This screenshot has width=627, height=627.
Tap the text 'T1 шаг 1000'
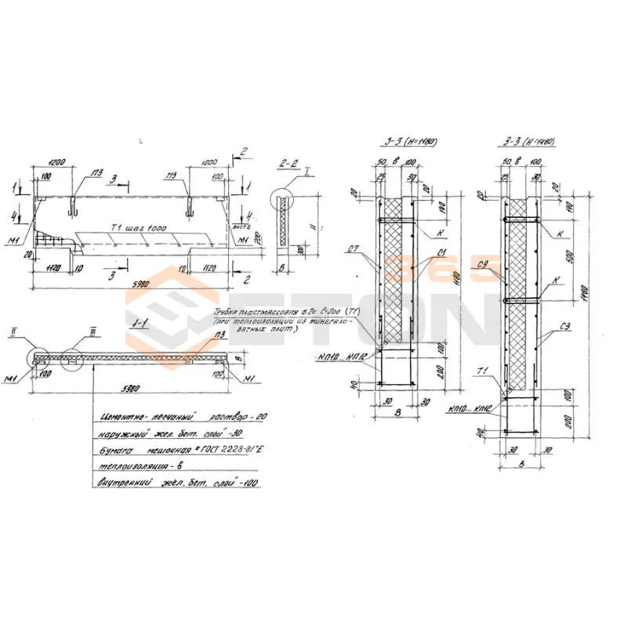point(134,228)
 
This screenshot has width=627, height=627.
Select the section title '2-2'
point(287,163)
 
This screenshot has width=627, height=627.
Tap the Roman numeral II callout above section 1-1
point(35,332)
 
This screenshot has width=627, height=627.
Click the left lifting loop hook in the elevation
point(72,207)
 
